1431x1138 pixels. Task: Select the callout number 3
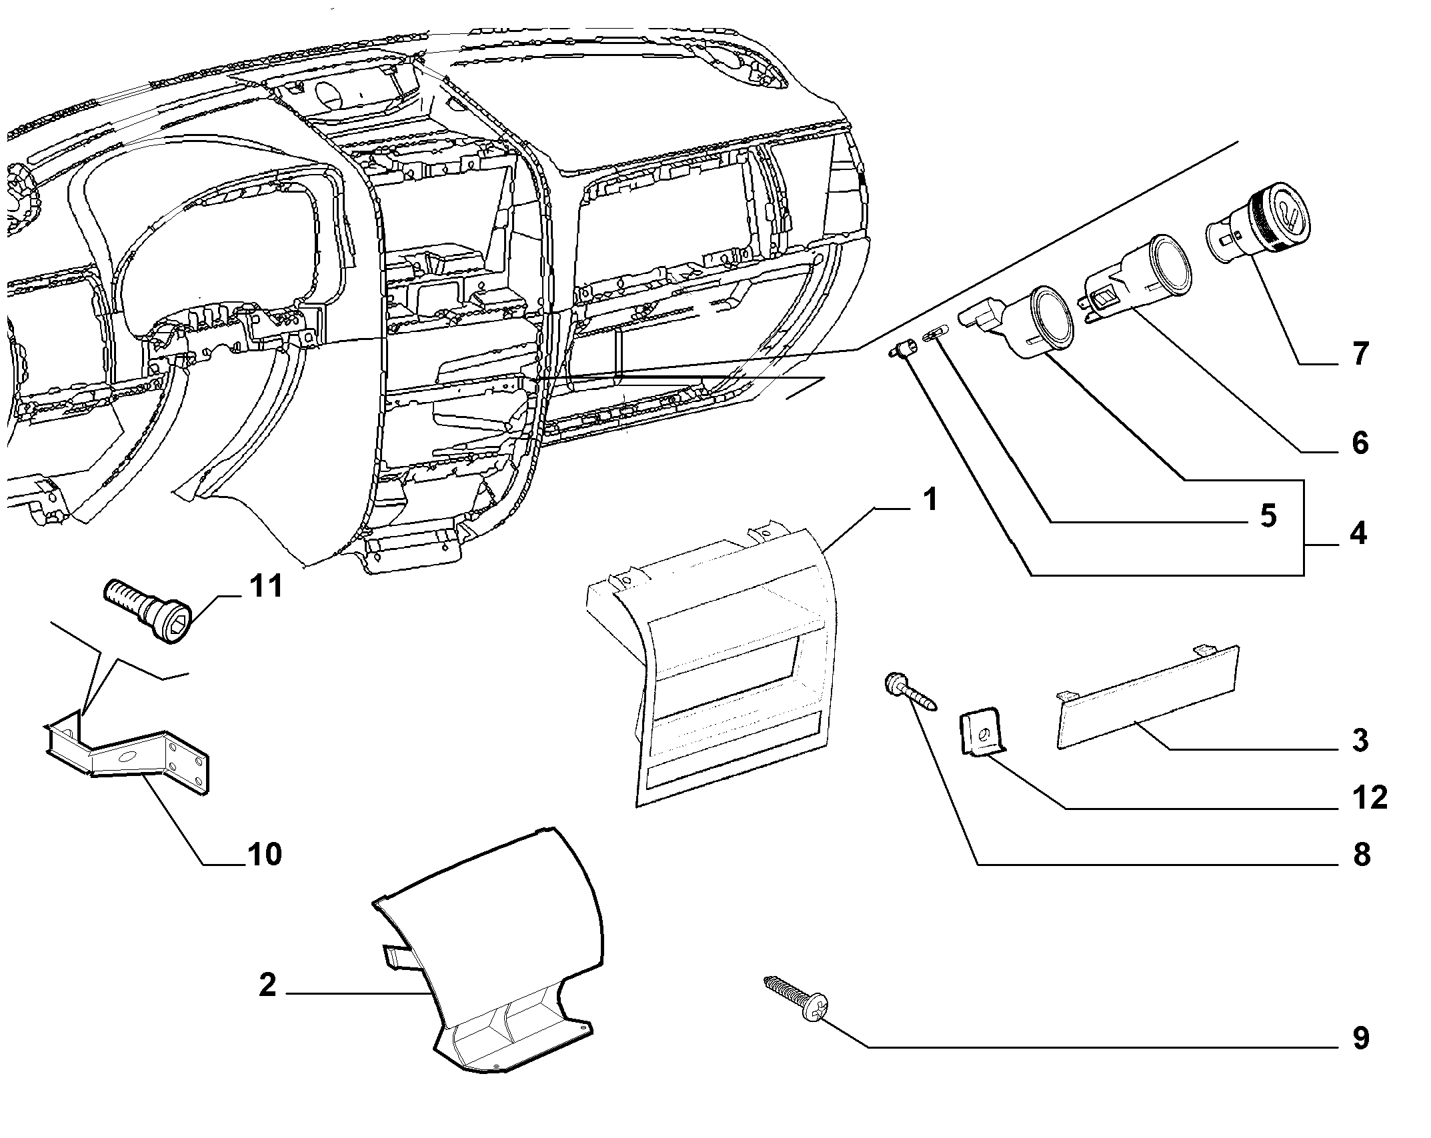click(1360, 741)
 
